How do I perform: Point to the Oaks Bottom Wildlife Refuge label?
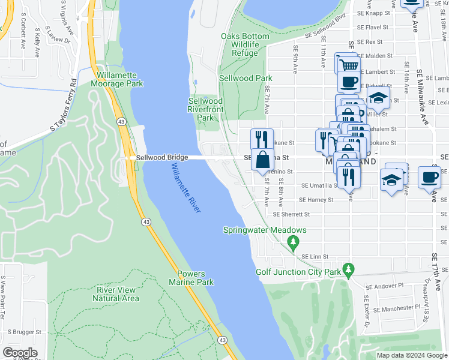[245, 45]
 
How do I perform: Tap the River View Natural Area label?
[118, 294]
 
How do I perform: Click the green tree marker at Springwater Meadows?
[293, 242]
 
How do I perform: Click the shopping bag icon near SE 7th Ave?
[263, 160]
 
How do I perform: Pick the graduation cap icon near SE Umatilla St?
[391, 178]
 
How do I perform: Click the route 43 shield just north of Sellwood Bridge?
[121, 122]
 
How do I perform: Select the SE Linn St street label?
[315, 256]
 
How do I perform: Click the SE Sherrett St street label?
[292, 214]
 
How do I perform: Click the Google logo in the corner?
[20, 353]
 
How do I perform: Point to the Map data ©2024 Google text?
[411, 355]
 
